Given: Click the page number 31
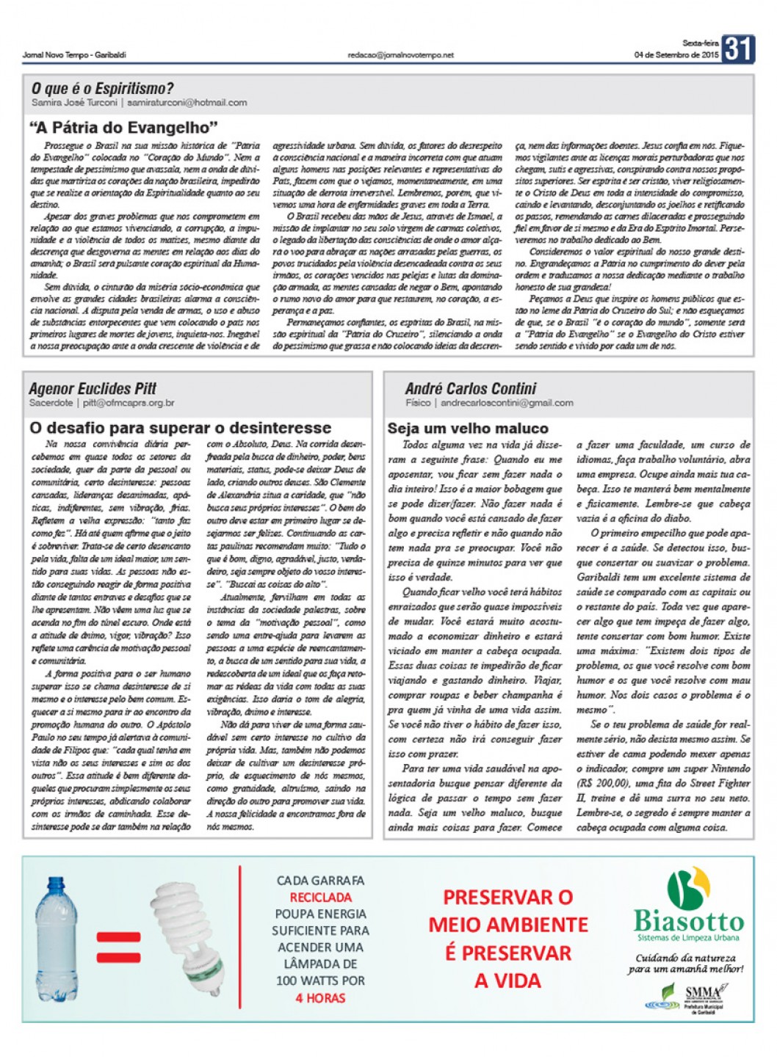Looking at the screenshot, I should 737,49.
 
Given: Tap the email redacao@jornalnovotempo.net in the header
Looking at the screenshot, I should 400,55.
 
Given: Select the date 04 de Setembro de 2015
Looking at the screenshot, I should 676,55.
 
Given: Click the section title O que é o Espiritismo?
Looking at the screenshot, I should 103,89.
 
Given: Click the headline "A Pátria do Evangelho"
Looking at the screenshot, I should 123,128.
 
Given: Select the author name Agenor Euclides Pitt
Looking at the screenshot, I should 93,388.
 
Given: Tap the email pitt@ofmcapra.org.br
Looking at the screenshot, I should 129,403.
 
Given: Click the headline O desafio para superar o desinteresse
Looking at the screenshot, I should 180,428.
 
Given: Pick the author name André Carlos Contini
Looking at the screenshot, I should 470,388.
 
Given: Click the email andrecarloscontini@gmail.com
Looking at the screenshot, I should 507,403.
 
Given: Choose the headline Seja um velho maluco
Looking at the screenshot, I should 468,429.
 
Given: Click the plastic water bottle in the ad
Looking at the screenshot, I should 56,939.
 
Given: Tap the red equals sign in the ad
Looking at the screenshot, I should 118,947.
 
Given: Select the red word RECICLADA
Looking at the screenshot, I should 320,898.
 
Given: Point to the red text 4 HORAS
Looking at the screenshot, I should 320,998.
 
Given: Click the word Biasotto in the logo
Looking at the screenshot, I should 689,921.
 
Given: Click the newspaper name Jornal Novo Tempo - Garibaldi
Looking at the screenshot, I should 74,55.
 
